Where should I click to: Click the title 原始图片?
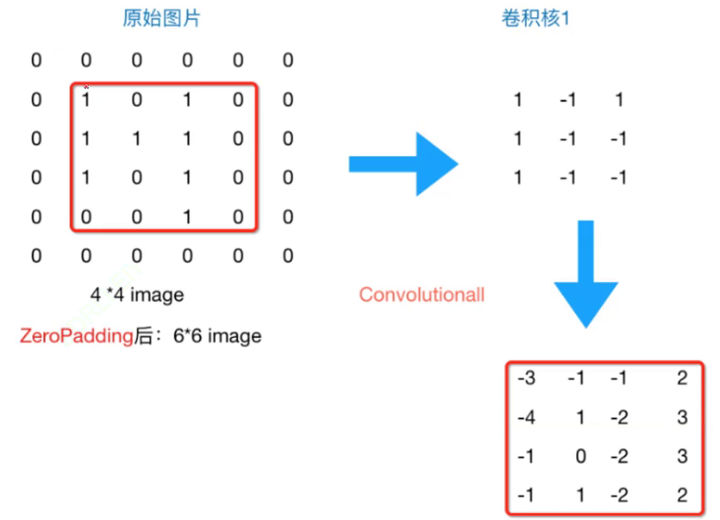(162, 18)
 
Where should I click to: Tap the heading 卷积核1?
(535, 18)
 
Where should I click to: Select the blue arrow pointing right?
(403, 164)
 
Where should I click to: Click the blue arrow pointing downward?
(586, 273)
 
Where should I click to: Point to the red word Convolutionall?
(422, 295)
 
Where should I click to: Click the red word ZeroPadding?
(76, 336)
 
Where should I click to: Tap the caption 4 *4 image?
(137, 295)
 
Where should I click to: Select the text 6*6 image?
(217, 336)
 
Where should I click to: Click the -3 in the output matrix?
(527, 378)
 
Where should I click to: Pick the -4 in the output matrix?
(527, 417)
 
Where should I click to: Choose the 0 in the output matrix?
(580, 456)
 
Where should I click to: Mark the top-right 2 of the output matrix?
(682, 378)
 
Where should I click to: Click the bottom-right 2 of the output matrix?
(682, 495)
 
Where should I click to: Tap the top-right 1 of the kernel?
(619, 100)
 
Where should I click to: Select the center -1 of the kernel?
(567, 139)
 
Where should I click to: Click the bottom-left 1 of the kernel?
(517, 178)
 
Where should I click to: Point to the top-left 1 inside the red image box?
(85, 100)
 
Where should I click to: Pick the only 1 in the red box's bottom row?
(187, 217)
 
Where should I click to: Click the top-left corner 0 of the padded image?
(36, 61)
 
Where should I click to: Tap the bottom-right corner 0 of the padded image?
(288, 256)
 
